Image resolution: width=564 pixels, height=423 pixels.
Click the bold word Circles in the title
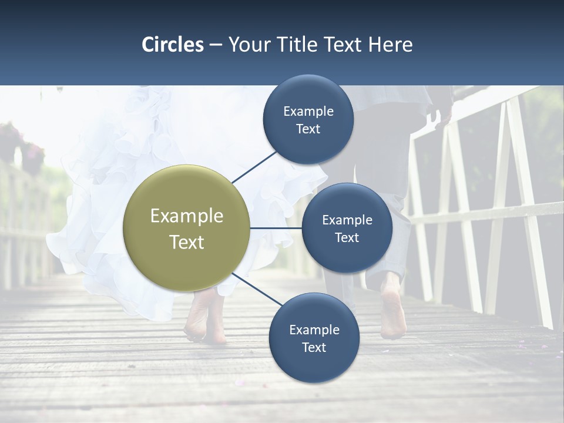(x=172, y=45)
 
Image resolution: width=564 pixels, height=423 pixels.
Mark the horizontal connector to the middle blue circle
(x=276, y=228)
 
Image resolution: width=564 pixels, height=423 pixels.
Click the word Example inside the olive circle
(x=187, y=216)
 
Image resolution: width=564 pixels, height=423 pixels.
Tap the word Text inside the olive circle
(x=187, y=242)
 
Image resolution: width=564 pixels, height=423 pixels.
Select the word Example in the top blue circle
(x=308, y=111)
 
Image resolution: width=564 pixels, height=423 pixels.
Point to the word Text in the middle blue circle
(x=347, y=237)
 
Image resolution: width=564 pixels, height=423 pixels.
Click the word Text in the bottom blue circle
(x=314, y=347)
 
